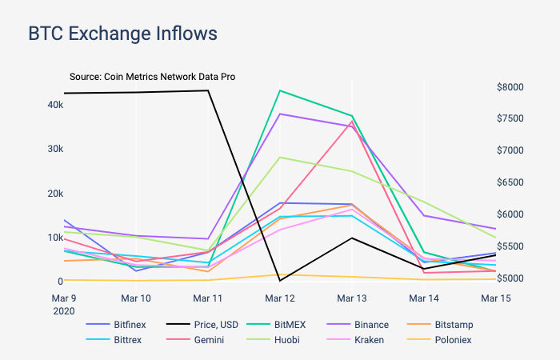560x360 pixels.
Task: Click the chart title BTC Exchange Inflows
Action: coord(122,34)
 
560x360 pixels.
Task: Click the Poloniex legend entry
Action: coord(453,340)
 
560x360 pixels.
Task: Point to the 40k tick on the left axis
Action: coord(55,105)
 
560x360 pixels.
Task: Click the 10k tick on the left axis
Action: coord(55,238)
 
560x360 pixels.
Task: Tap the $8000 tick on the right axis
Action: coord(510,86)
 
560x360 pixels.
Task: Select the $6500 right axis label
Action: coord(510,182)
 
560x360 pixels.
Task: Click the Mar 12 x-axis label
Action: coord(279,298)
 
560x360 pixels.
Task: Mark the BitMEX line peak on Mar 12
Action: coord(279,90)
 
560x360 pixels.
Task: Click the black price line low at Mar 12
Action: coord(279,281)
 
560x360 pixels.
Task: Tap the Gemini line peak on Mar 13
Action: coord(351,122)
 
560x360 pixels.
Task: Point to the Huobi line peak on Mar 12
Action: coord(279,157)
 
